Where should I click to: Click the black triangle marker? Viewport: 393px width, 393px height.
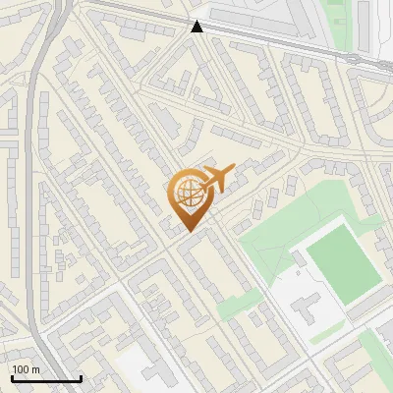(x=197, y=27)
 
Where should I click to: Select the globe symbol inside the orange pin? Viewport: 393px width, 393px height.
(x=187, y=194)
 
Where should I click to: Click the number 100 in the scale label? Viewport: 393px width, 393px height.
(x=22, y=369)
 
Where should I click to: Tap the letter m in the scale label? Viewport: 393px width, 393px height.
(x=35, y=369)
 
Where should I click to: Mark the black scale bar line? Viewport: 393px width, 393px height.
(x=46, y=378)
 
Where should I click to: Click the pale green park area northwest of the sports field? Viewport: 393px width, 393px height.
(x=280, y=226)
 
